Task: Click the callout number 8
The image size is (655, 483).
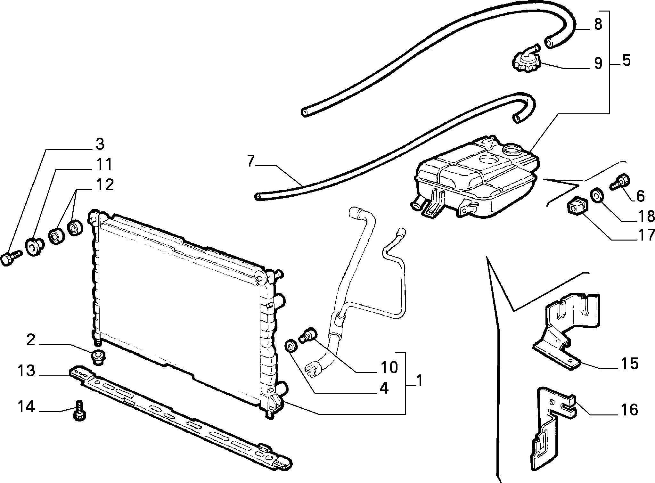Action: pos(598,24)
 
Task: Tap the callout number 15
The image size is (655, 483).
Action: pos(629,364)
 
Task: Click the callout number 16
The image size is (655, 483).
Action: pos(629,410)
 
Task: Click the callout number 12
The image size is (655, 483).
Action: pos(104,185)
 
